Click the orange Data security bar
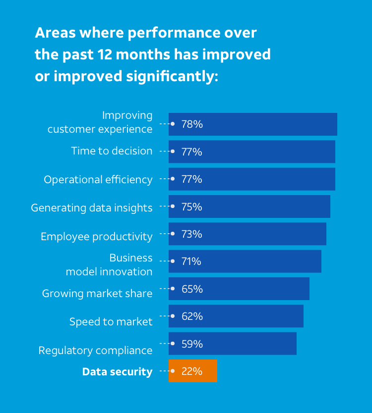coord(193,371)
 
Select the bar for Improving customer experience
coord(253,124)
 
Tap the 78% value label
coord(192,124)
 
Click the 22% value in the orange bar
coord(192,371)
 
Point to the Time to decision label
coord(112,151)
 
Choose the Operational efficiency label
coord(98,180)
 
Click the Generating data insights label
coord(92,208)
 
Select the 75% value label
coord(191,207)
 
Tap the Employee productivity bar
coord(248,234)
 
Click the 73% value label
coord(191,234)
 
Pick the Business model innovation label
coord(109,265)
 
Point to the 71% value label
coord(191,261)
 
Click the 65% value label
coord(192,289)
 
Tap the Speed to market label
coord(111,322)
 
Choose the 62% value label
coord(192,316)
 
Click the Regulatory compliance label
coord(96,351)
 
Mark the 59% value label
coord(192,344)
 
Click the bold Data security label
coord(118,372)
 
